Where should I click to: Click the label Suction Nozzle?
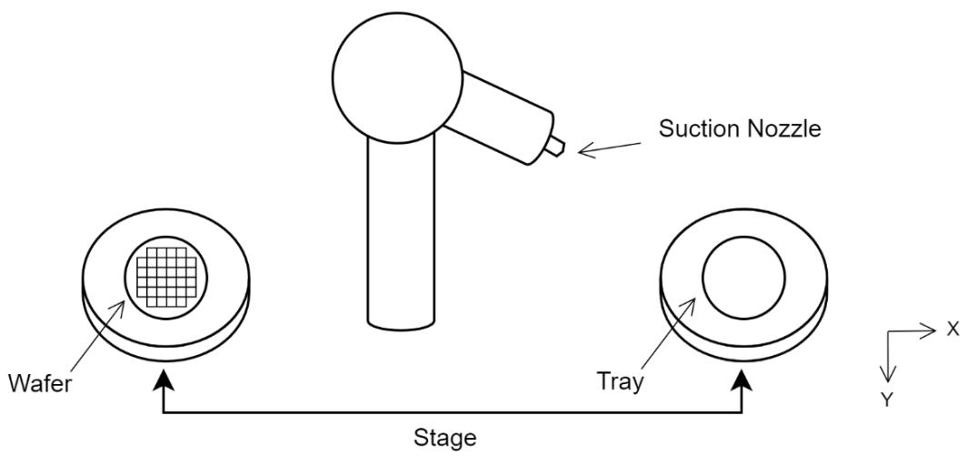(x=740, y=129)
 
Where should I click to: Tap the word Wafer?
(x=40, y=384)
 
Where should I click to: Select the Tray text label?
(x=620, y=381)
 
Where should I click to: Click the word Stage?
(x=444, y=438)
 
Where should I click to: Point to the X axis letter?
(x=952, y=329)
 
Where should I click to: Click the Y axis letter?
(x=887, y=400)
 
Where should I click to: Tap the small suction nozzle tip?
(x=554, y=148)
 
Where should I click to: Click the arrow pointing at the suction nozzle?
(x=609, y=148)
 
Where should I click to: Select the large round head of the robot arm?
(x=397, y=76)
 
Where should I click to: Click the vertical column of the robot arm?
(x=401, y=232)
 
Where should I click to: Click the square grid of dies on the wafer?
(x=166, y=277)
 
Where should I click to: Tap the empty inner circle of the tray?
(x=743, y=278)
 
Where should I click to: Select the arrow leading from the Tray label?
(x=669, y=334)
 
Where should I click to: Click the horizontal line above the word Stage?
(x=452, y=412)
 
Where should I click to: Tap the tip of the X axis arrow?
(x=936, y=330)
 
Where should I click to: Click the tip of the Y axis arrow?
(x=887, y=382)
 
